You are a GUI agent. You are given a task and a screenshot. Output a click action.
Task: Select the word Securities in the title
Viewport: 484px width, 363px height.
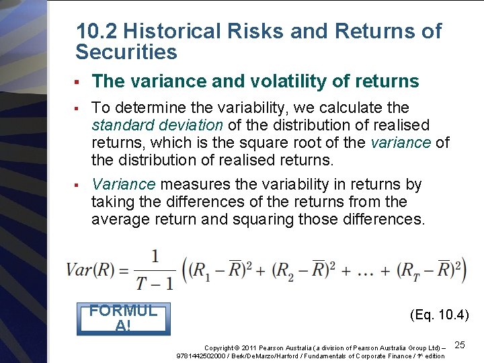126,52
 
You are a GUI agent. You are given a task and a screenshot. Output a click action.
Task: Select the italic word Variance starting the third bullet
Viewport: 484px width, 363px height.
124,184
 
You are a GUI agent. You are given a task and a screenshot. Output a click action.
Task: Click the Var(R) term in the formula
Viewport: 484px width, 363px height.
89,270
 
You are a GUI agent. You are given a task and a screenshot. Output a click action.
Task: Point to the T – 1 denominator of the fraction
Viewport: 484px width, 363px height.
155,282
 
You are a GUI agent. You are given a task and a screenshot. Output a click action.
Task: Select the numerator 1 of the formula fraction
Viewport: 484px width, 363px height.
155,256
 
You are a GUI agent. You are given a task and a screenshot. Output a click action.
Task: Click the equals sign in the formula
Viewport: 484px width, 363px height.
123,270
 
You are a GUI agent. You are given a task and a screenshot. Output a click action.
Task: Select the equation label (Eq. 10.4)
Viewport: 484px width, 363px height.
439,315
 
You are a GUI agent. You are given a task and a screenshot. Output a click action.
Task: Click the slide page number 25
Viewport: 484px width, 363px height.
460,345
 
